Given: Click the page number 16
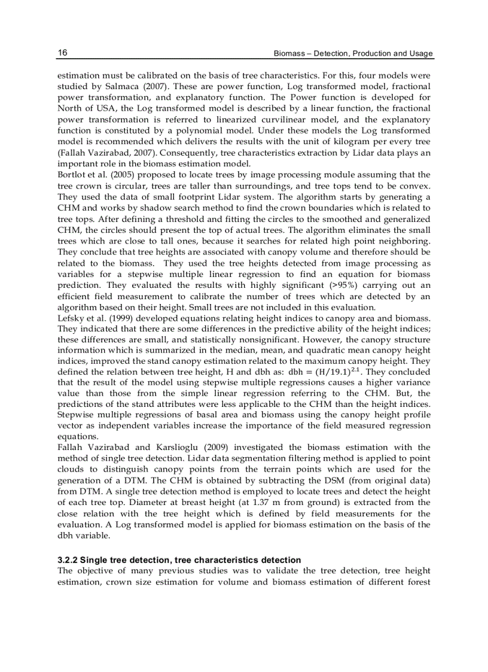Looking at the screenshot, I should click(62, 53).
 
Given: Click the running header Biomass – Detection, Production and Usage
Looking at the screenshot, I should click(353, 54).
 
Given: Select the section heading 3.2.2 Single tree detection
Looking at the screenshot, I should click(179, 560).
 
